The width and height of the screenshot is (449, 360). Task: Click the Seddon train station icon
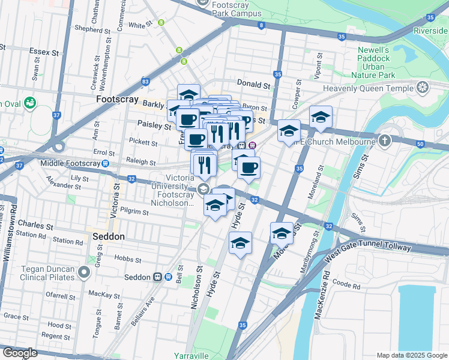pos(157,277)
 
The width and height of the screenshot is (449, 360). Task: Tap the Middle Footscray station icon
pos(106,163)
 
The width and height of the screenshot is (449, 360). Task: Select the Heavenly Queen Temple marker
pos(424,89)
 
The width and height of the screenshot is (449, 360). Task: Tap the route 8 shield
pos(261,25)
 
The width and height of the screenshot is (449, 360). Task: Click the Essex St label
pos(46,52)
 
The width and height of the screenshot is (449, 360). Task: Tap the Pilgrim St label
pos(134,212)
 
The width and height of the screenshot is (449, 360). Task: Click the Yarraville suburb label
pos(191,355)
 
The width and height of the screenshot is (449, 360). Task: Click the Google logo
pos(20,353)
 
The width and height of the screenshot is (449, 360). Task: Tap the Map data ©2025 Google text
pos(411,355)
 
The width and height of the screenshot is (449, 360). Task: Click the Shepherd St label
pos(89,28)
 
